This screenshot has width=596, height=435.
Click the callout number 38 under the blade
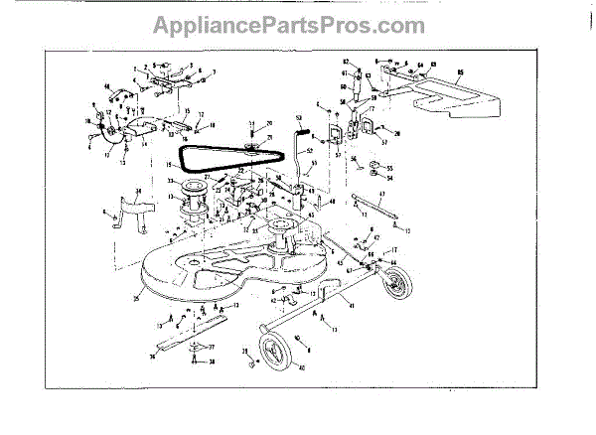[239, 364]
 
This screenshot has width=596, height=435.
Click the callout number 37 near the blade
[238, 349]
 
